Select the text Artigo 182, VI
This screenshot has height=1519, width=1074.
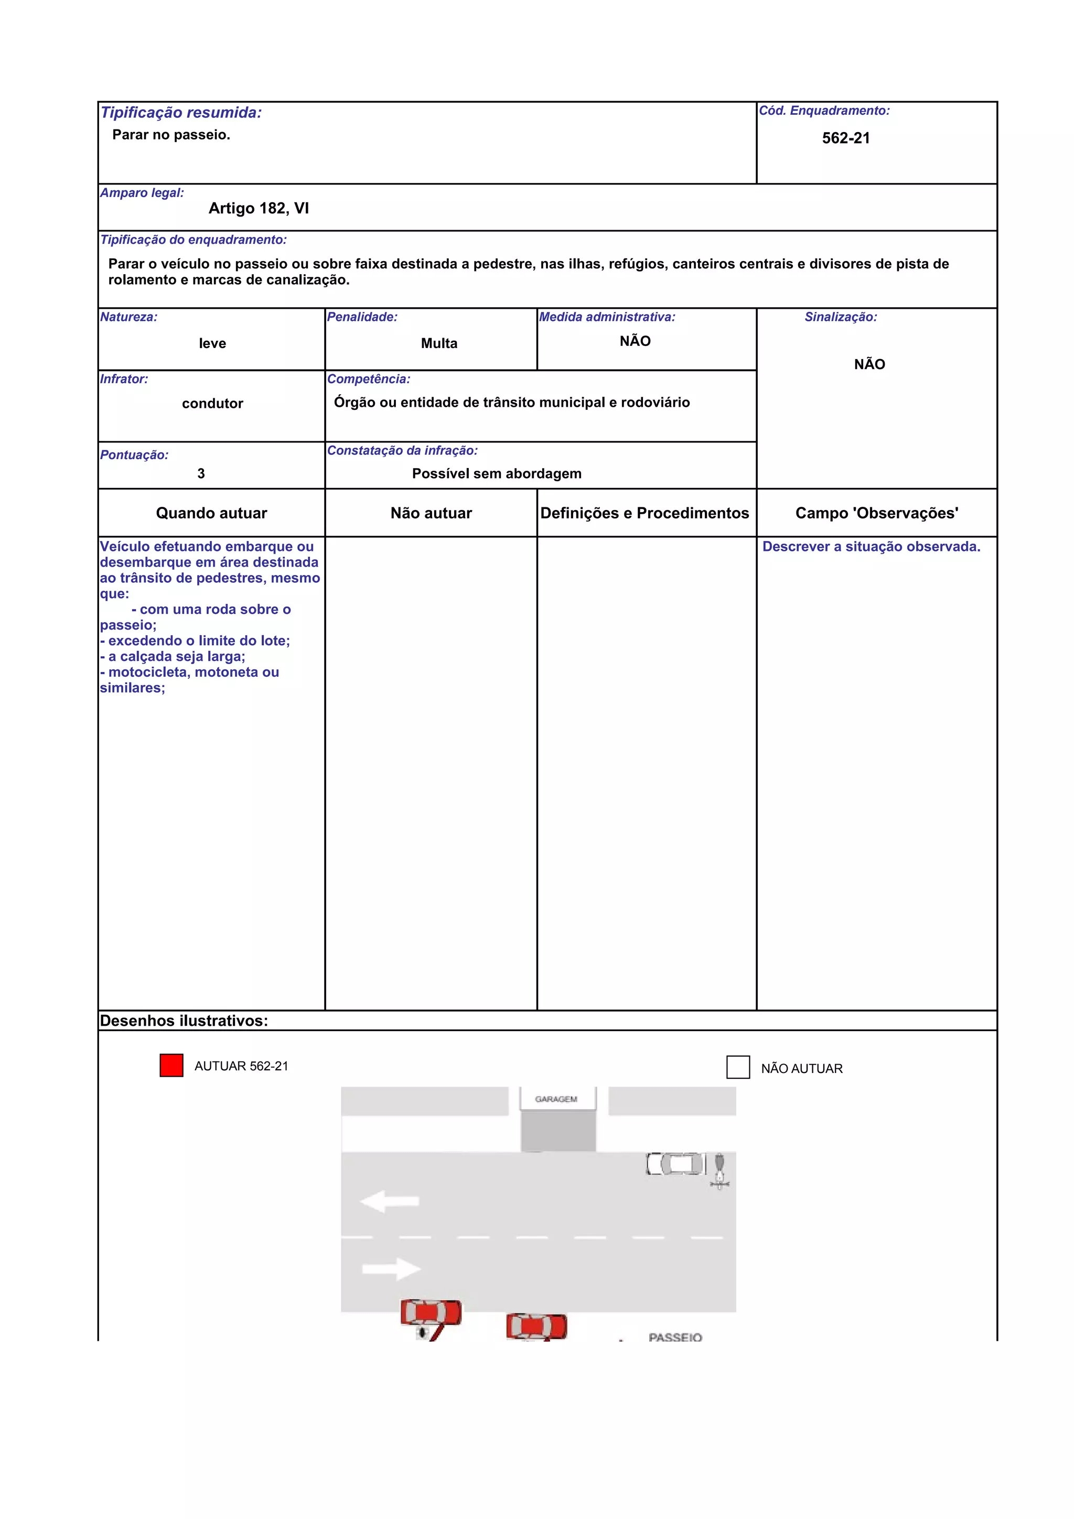258,209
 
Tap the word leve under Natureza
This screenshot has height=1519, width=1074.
212,343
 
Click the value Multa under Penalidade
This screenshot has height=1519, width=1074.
439,343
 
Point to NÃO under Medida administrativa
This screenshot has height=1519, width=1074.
635,341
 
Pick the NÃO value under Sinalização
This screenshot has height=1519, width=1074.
869,364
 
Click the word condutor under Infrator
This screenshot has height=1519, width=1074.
212,404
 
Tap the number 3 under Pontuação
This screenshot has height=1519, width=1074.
201,474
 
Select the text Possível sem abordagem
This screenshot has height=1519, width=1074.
496,474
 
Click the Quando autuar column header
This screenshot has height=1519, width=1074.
211,513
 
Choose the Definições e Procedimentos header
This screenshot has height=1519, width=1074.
645,513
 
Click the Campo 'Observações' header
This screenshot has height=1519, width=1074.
876,513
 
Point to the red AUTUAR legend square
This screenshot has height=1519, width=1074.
171,1065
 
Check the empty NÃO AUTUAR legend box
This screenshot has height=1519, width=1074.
738,1067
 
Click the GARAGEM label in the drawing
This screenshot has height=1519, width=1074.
556,1099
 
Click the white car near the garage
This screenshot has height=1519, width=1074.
675,1164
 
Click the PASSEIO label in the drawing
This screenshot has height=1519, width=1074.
675,1337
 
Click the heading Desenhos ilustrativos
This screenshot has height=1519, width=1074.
184,1021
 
